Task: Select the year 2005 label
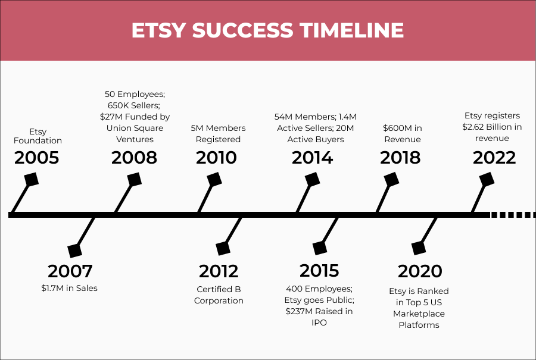pos(37,158)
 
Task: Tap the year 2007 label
pos(70,271)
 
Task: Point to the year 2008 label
pos(135,158)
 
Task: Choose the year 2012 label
pos(219,271)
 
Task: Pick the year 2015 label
pos(319,271)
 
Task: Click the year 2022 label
pos(494,158)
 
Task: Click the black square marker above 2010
pos(213,179)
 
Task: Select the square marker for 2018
pos(391,179)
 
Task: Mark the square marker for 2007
pos(75,251)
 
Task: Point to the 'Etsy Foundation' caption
pos(38,136)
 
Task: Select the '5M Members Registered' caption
pos(219,134)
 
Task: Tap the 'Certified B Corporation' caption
pos(219,295)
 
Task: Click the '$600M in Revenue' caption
pos(402,134)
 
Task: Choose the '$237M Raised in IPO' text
pos(319,317)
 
